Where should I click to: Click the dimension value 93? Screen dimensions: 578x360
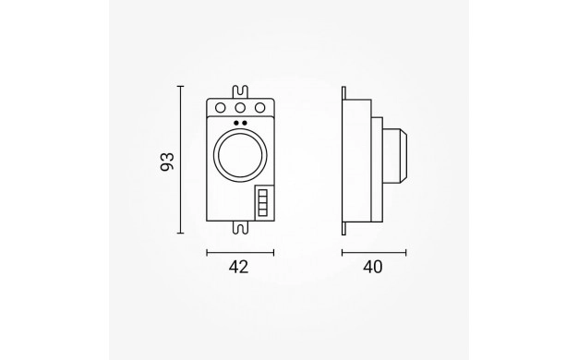[x=167, y=162]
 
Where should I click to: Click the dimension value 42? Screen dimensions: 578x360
[x=238, y=267]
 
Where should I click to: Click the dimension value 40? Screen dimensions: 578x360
[x=373, y=267]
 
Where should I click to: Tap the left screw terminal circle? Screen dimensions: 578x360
[x=220, y=108]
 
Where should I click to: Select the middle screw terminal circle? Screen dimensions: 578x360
[x=240, y=108]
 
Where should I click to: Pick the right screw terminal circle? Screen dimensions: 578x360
[x=259, y=108]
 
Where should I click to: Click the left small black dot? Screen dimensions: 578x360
[x=236, y=123]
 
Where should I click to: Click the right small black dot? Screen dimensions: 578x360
[x=245, y=123]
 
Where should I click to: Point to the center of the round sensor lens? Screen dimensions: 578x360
[x=240, y=155]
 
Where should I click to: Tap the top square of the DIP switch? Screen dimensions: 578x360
[x=262, y=193]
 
